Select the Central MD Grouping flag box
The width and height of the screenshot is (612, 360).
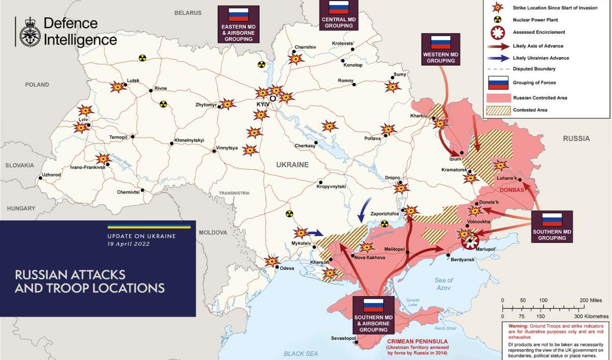(339, 14)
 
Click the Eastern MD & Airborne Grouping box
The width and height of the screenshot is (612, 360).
(237, 24)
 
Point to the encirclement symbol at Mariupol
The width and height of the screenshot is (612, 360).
(469, 242)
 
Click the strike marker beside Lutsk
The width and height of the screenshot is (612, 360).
(118, 87)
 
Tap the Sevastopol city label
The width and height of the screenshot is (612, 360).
(340, 338)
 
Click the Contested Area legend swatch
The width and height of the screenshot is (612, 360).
(498, 110)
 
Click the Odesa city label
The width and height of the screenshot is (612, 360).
(286, 268)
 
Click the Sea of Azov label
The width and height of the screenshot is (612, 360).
(443, 284)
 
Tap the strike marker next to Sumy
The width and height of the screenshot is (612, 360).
(393, 87)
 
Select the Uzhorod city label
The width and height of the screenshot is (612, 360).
(51, 174)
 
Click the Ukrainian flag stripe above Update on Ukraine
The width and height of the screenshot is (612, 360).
(148, 226)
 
